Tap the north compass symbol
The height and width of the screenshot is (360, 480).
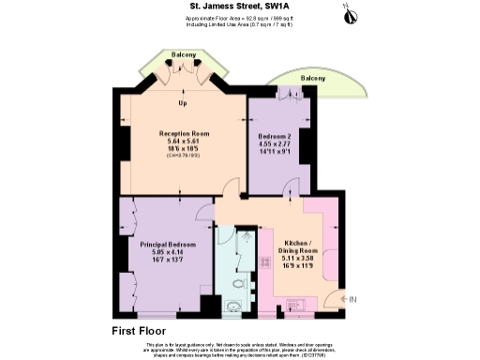346,13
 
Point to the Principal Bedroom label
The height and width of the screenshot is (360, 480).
165,245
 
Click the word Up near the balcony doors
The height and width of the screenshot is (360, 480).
182,103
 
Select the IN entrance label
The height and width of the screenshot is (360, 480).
352,299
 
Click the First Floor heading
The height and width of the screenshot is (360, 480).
139,331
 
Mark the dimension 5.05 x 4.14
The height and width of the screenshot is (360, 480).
165,252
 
